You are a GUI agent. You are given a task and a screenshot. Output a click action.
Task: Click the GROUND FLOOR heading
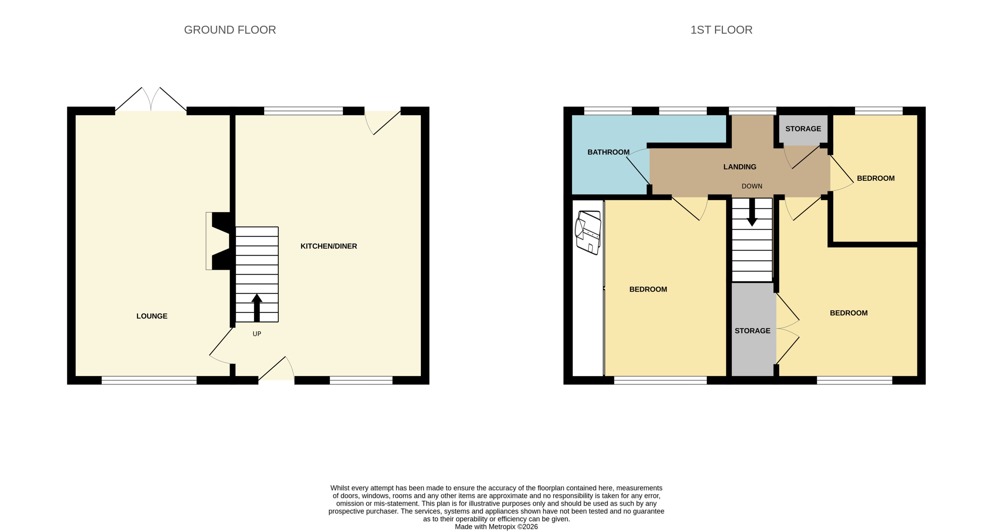(230, 30)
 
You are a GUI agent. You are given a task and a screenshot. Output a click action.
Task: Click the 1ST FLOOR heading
(721, 30)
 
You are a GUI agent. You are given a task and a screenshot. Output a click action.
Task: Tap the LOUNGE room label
(152, 316)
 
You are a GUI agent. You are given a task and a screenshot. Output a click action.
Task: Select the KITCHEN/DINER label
(329, 246)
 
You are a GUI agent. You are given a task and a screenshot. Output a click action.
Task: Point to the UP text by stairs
(257, 334)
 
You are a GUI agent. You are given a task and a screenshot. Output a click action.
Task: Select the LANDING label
(739, 167)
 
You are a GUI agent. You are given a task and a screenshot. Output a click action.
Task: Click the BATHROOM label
(608, 152)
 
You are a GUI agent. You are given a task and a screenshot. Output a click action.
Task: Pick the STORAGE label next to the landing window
(803, 129)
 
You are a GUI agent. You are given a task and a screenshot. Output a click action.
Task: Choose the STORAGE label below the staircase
(752, 331)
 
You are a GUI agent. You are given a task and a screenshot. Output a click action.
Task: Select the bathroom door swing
(638, 167)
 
